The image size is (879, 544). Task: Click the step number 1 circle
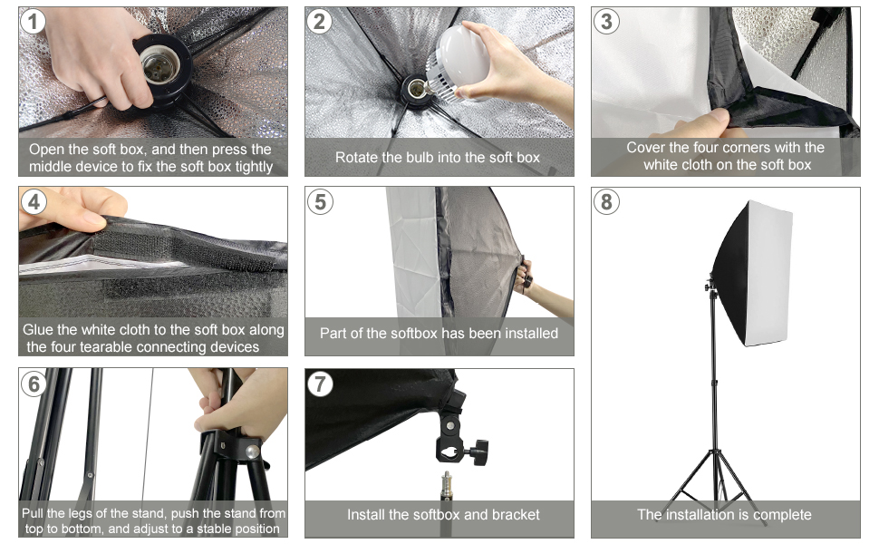coord(33,22)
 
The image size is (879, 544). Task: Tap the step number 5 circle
coord(320,201)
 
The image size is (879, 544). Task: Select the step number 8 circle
coord(606,202)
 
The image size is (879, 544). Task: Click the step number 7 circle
coord(320,384)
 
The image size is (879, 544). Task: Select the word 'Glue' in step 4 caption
coord(37,330)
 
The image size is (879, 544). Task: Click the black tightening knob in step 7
coord(480,451)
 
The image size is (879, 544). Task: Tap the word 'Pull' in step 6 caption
coord(33,513)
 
